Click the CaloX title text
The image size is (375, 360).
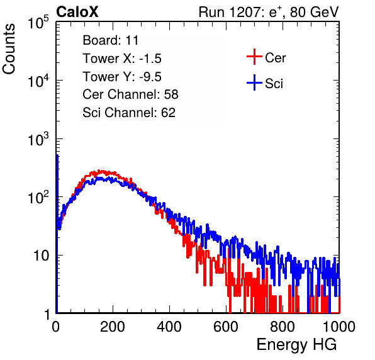click(x=77, y=12)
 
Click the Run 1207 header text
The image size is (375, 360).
click(x=269, y=12)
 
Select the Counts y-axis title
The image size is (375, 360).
click(x=9, y=49)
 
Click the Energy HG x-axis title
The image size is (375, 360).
click(x=296, y=345)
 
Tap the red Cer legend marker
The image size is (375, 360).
click(x=254, y=57)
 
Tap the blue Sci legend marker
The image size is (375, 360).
click(x=254, y=82)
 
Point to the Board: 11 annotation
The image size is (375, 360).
click(x=111, y=40)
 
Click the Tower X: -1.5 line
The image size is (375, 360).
click(x=122, y=59)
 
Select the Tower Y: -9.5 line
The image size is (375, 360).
click(x=122, y=77)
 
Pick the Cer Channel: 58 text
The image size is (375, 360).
click(x=130, y=94)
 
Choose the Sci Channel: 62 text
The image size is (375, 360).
click(x=129, y=113)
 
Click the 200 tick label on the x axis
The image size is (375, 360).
click(x=113, y=327)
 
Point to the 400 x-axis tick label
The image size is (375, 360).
click(x=169, y=327)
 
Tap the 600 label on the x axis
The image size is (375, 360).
click(x=226, y=327)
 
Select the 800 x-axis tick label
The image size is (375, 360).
click(x=283, y=327)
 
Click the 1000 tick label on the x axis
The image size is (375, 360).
click(x=339, y=327)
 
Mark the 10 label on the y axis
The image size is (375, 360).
click(x=42, y=256)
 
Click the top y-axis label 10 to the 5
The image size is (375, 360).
click(x=38, y=22)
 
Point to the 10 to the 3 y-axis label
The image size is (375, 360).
click(x=38, y=138)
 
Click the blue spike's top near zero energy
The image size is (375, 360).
click(x=57, y=155)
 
